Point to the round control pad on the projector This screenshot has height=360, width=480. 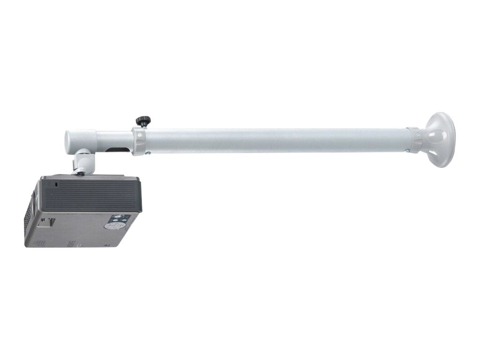112,225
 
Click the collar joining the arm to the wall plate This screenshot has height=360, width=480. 413,139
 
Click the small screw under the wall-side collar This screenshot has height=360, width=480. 407,150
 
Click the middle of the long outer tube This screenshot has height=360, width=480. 277,140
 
